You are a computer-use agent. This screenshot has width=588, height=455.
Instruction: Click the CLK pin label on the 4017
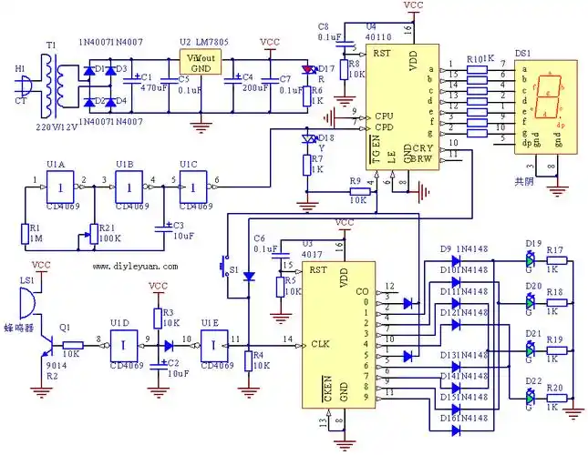320,344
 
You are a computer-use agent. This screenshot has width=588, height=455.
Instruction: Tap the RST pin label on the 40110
382,53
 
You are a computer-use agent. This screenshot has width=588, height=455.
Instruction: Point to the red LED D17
310,71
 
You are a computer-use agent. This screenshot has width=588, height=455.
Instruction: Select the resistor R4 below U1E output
248,362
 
